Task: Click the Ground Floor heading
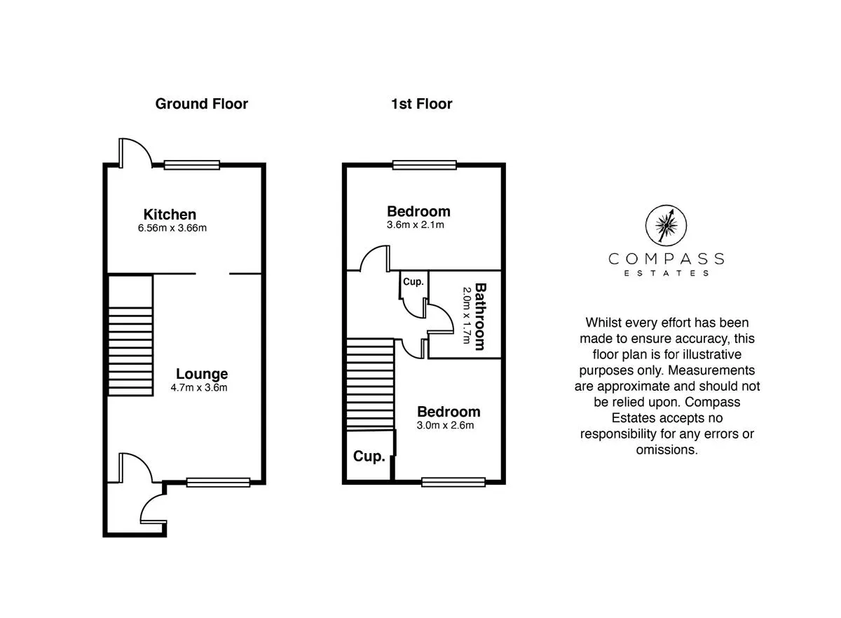(x=202, y=104)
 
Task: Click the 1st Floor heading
(x=422, y=104)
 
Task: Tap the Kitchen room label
(x=170, y=215)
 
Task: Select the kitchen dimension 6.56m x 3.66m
(x=172, y=228)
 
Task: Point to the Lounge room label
(x=202, y=374)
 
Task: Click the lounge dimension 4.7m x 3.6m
(x=199, y=388)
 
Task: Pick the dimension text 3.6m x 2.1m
(x=416, y=225)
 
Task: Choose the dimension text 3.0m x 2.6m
(x=445, y=425)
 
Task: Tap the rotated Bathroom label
(x=481, y=316)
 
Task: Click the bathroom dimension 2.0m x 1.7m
(x=467, y=316)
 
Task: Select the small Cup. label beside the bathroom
(x=413, y=282)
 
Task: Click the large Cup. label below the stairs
(x=369, y=457)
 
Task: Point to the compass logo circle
(x=666, y=225)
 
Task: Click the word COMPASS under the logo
(x=666, y=259)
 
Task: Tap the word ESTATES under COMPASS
(x=666, y=273)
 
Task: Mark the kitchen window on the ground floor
(x=192, y=166)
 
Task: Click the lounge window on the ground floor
(x=219, y=483)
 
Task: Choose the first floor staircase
(x=370, y=384)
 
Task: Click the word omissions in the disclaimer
(x=666, y=450)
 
